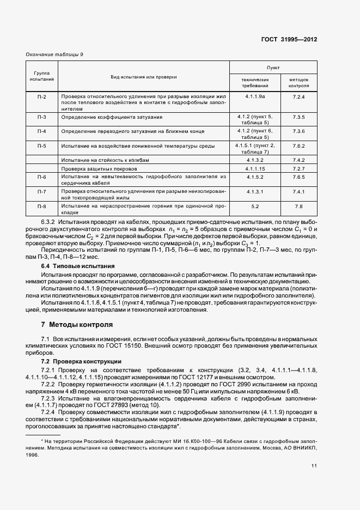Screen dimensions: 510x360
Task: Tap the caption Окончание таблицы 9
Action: pos(54,54)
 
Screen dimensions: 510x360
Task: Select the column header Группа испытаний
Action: pos(41,76)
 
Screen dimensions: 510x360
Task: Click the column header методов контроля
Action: pos(298,82)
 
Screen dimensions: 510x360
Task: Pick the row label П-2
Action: pos(41,97)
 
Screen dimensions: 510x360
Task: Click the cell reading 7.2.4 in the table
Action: pos(298,97)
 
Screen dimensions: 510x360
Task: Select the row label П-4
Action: pos(41,132)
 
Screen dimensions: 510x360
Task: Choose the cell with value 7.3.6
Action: pos(298,132)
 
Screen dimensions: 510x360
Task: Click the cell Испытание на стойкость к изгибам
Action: pos(109,160)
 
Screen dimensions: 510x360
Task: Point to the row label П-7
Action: pos(41,192)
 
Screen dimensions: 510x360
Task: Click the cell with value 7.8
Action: pos(298,207)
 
